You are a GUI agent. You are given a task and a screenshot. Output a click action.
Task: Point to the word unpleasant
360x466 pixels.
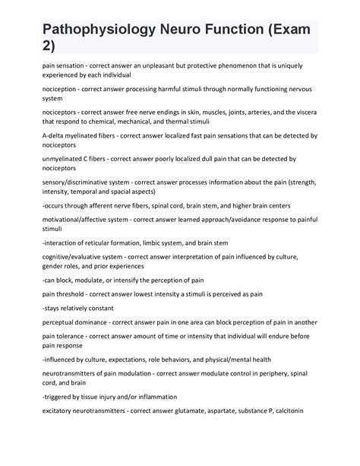[160, 66]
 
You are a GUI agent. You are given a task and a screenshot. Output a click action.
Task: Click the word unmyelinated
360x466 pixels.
[67, 160]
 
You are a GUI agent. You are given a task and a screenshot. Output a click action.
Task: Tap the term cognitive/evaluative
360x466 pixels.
[75, 256]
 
